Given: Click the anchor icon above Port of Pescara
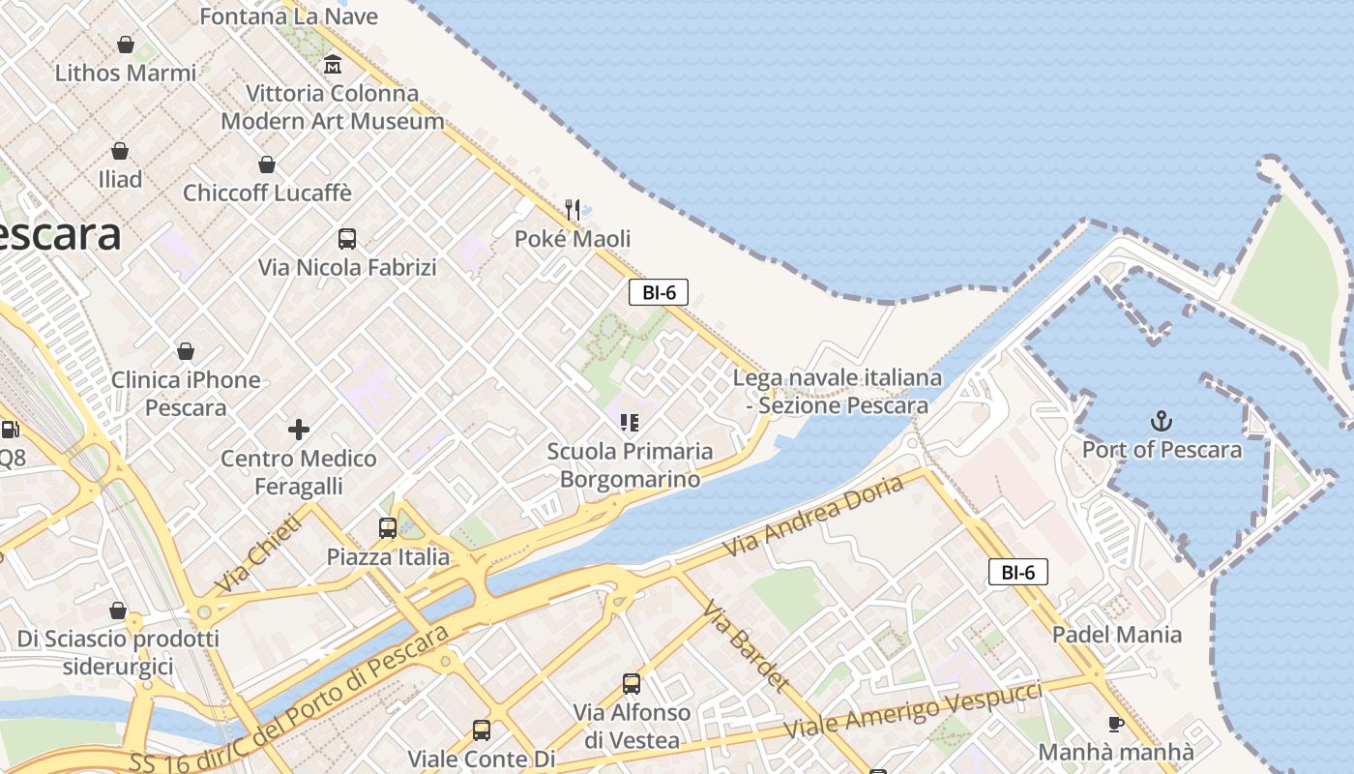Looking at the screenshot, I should [1161, 421].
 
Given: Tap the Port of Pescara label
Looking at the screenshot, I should [1162, 450].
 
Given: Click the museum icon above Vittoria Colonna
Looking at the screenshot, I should [333, 65].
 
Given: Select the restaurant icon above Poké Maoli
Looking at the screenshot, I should [573, 209].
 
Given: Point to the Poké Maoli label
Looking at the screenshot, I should [573, 239].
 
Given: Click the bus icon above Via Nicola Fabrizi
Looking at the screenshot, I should [346, 238].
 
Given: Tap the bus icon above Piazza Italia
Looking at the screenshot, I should [388, 527].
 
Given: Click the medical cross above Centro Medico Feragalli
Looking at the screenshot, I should [299, 429].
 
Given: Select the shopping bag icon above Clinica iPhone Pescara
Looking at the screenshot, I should [186, 350].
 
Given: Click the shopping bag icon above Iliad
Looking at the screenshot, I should [120, 150].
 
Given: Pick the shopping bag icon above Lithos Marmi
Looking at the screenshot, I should [126, 44].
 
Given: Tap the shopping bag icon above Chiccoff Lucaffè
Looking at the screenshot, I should [267, 164].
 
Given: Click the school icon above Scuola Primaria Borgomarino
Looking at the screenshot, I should [630, 422].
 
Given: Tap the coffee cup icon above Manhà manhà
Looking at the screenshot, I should [1116, 723].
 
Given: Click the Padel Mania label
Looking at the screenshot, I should [1117, 635].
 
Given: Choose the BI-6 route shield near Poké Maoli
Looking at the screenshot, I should [659, 292].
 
